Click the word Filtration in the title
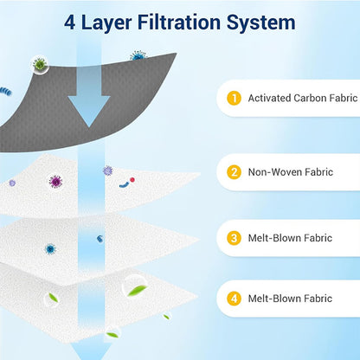coord(179,22)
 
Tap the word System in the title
coord(261,23)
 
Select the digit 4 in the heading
coord(70,22)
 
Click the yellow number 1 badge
coord(234,98)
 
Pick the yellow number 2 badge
coord(234,172)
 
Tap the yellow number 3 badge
coord(234,238)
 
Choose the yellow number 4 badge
coord(234,299)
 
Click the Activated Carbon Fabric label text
coord(303,98)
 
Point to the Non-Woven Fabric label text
coord(291,172)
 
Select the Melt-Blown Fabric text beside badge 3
coord(290,238)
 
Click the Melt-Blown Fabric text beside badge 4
coord(290,299)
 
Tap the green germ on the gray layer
coord(40,64)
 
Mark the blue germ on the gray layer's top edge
coord(138,55)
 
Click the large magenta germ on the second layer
coord(55,182)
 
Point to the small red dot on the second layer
coord(132,180)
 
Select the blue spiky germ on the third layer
coord(50,249)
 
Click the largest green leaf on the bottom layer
coord(138,290)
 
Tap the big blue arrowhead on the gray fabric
coord(89,112)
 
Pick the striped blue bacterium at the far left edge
coord(6,92)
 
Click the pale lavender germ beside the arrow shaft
coord(107,170)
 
